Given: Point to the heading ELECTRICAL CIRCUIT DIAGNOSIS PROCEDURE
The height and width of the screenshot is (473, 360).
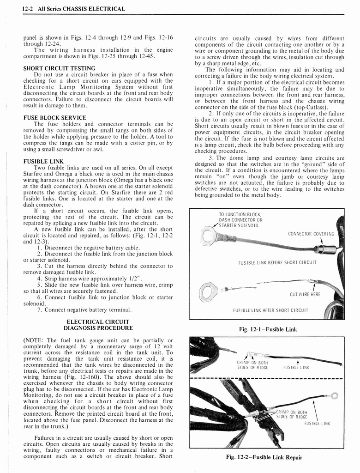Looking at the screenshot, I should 97,325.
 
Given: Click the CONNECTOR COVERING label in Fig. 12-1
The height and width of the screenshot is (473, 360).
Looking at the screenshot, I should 311,234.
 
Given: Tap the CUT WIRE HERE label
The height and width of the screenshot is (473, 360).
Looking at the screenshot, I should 305,294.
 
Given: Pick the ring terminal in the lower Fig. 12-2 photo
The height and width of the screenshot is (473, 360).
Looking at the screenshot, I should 335,395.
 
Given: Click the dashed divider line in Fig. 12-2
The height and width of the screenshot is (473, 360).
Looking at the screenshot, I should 267,380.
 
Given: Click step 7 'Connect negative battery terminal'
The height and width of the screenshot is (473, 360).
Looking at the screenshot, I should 84,309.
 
